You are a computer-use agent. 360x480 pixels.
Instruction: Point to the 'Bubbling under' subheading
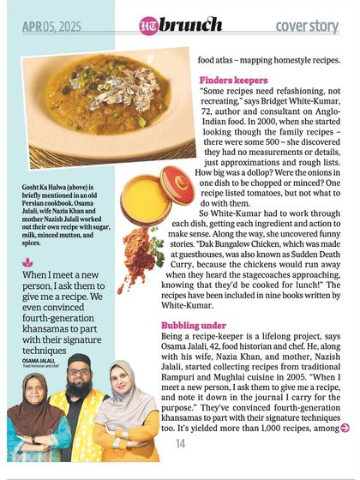click(195, 326)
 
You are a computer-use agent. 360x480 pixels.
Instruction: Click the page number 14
click(181, 443)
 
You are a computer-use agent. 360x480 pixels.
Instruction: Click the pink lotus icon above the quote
click(28, 261)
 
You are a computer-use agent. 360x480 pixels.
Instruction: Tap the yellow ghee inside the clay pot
click(141, 199)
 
